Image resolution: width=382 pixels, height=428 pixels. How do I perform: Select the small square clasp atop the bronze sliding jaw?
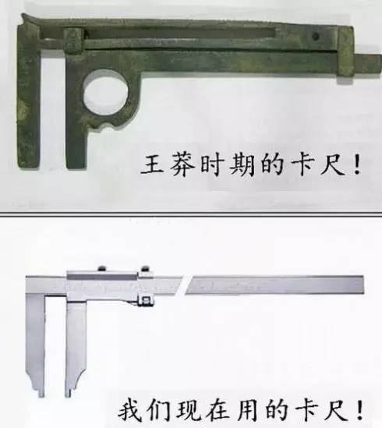(72, 37)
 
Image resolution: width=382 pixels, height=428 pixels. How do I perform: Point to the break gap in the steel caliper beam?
(182, 288)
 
